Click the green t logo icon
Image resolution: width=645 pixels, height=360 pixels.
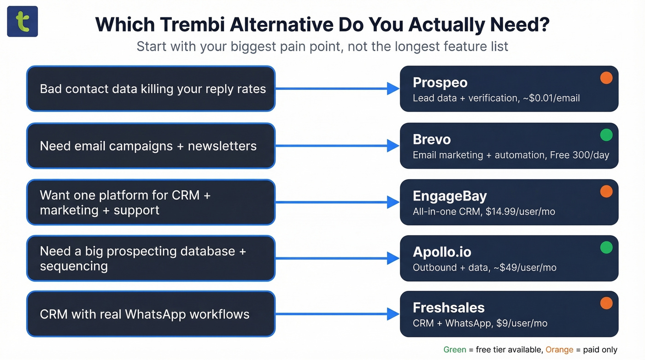[x=22, y=22]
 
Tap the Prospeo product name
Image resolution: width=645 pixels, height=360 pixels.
[x=440, y=83]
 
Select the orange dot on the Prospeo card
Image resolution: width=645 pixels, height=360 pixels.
[x=606, y=78]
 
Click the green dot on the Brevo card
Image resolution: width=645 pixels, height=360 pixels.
[x=606, y=135]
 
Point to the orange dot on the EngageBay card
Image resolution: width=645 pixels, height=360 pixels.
[x=606, y=191]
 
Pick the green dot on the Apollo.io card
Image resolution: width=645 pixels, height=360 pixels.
[x=606, y=248]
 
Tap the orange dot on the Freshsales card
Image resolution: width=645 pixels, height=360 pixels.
[x=606, y=303]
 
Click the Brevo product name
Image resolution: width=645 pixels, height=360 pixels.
[x=432, y=139]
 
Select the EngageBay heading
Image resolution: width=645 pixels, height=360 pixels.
[x=450, y=196]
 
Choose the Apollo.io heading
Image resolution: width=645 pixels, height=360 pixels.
[x=442, y=252]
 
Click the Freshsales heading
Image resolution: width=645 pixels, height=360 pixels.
[x=449, y=307]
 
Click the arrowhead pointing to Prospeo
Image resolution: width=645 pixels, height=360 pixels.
[x=393, y=89]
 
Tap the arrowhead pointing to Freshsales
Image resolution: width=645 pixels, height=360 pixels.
[x=393, y=314]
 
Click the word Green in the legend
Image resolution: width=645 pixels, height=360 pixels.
[x=455, y=350]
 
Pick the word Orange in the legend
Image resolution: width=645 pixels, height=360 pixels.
[x=559, y=350]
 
